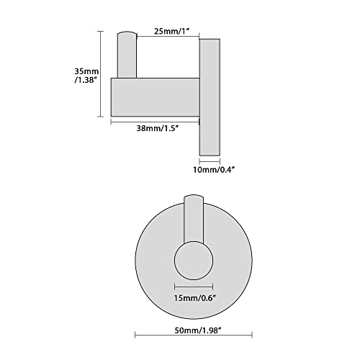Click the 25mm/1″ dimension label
click(172, 31)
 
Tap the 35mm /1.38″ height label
click(86, 76)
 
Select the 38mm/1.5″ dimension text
click(158, 128)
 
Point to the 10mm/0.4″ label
click(214, 170)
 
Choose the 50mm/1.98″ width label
click(197, 330)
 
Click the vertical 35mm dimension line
click(100, 74)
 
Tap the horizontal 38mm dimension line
click(155, 122)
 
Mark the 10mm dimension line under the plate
click(210, 161)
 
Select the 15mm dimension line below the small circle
click(194, 287)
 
